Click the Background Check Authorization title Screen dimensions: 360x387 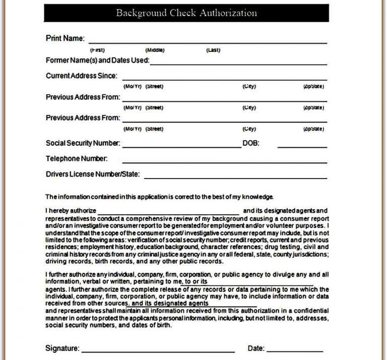(x=185, y=13)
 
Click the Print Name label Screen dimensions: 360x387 (x=65, y=38)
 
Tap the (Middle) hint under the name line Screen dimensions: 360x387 (x=155, y=50)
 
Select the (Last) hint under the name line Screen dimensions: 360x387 (x=213, y=50)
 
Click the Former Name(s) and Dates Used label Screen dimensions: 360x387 (x=97, y=61)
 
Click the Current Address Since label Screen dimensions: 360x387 (x=81, y=76)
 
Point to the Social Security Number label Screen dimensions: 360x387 (x=83, y=143)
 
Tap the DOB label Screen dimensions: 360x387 (x=250, y=143)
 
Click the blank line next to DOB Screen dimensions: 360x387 (x=302, y=147)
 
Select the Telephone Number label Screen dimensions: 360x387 (x=77, y=159)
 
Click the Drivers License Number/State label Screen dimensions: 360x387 (x=93, y=175)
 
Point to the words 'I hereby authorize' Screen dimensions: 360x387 (x=71, y=211)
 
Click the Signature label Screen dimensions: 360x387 (x=62, y=348)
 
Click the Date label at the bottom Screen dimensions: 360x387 (x=255, y=348)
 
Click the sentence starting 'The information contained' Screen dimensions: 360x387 (x=159, y=196)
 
